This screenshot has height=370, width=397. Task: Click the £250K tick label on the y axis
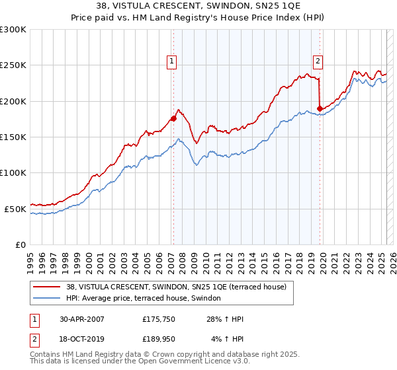(x=13, y=65)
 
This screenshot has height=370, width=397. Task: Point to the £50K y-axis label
(x=15, y=209)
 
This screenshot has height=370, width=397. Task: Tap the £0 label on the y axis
(x=21, y=244)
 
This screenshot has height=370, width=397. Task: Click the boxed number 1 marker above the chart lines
(x=172, y=61)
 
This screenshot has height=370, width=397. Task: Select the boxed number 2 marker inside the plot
(x=318, y=61)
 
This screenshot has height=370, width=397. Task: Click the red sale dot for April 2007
(x=173, y=119)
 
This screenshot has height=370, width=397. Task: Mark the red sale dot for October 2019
(x=320, y=108)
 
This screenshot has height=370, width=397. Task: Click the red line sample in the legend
(x=46, y=287)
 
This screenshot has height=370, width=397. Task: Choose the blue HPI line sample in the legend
(x=46, y=299)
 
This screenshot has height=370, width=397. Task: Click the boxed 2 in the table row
(x=34, y=340)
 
